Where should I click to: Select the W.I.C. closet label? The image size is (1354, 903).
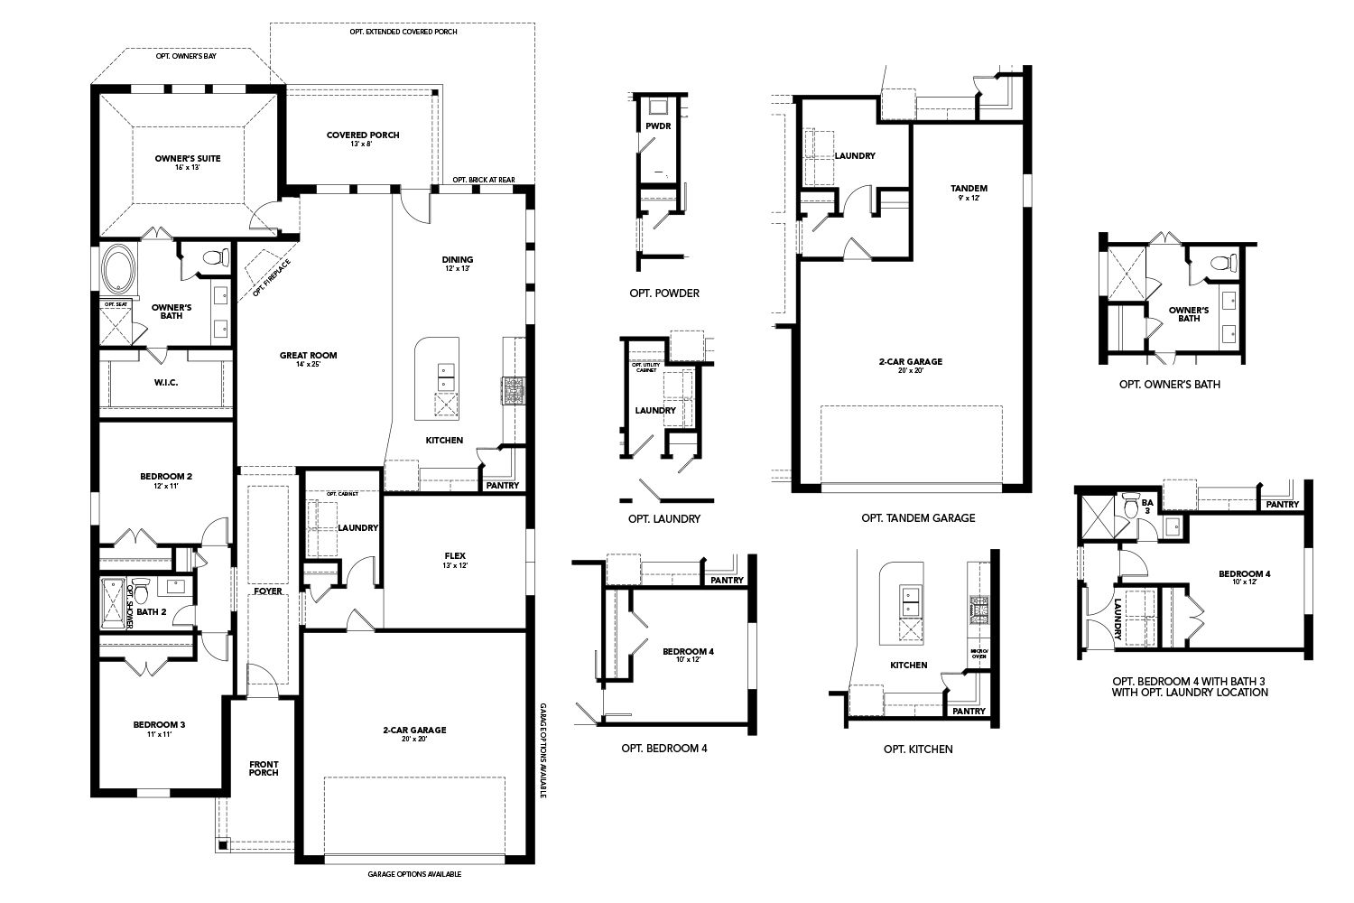[165, 383]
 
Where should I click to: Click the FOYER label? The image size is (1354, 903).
[267, 591]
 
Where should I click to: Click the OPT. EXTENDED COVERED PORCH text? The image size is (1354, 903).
[403, 32]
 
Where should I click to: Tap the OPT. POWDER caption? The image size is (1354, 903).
[664, 293]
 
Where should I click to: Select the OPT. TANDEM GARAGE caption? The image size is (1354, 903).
[918, 518]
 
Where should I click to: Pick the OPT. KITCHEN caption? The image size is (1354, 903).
[918, 749]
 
